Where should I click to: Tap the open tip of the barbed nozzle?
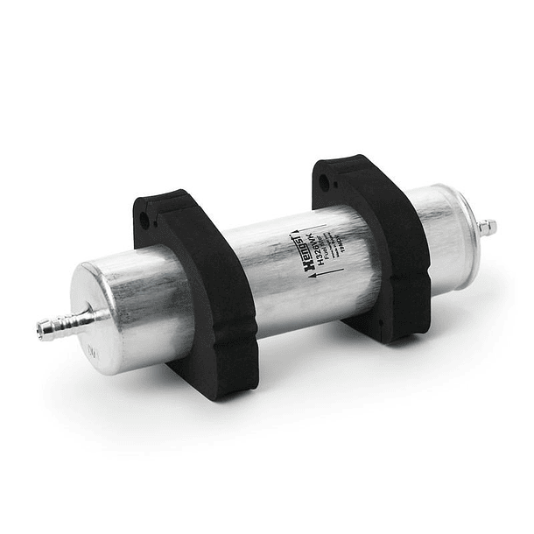click(41, 330)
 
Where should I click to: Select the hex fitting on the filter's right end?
click(486, 228)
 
